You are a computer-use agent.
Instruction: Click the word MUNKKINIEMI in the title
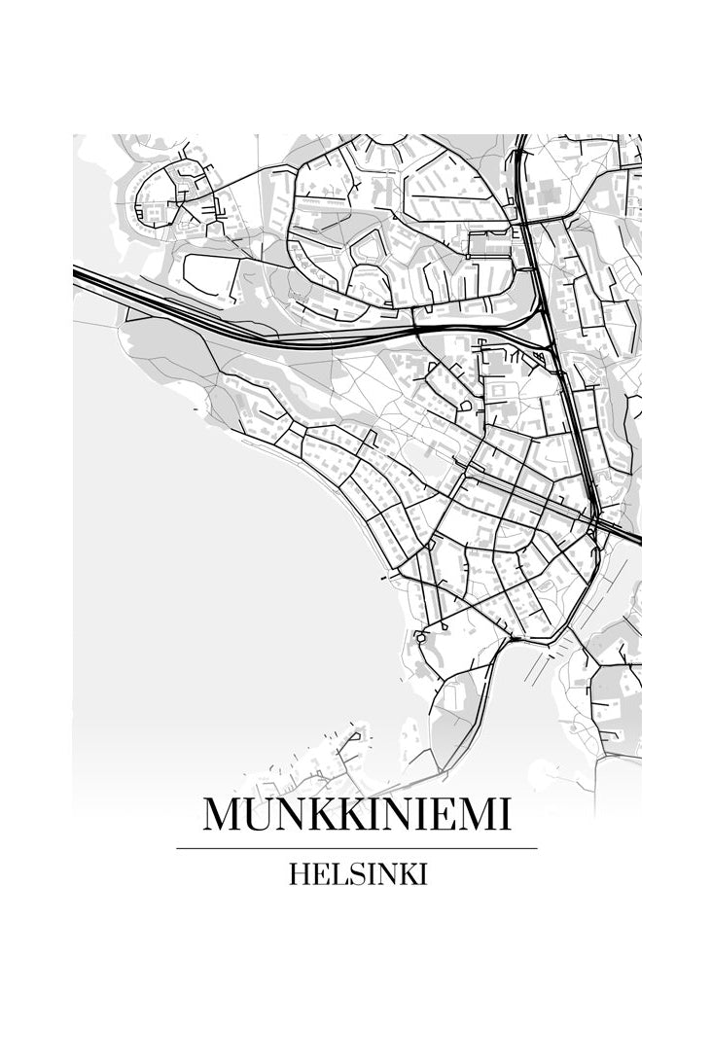pyautogui.click(x=356, y=815)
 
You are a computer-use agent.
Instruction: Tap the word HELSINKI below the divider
pyautogui.click(x=358, y=874)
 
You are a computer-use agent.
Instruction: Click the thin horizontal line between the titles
pyautogui.click(x=356, y=848)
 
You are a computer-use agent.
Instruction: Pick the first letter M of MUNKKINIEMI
pyautogui.click(x=221, y=815)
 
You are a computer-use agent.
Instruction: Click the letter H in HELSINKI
pyautogui.click(x=299, y=874)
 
